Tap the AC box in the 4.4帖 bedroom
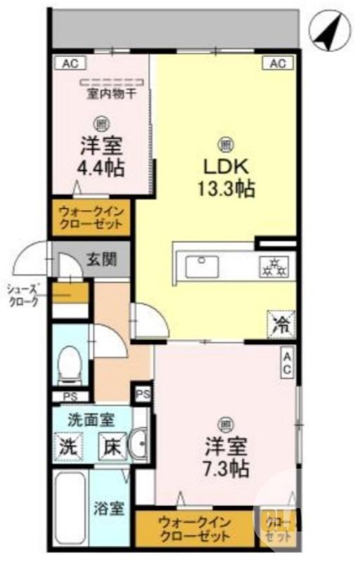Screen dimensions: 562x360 point(69,64)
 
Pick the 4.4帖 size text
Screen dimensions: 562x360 point(101,168)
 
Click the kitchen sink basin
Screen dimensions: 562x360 point(202,266)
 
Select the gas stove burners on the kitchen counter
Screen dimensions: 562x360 point(274,266)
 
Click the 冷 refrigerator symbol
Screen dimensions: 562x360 point(280,324)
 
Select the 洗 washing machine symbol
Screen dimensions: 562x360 point(67,445)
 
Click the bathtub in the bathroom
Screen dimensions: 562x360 point(70,508)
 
